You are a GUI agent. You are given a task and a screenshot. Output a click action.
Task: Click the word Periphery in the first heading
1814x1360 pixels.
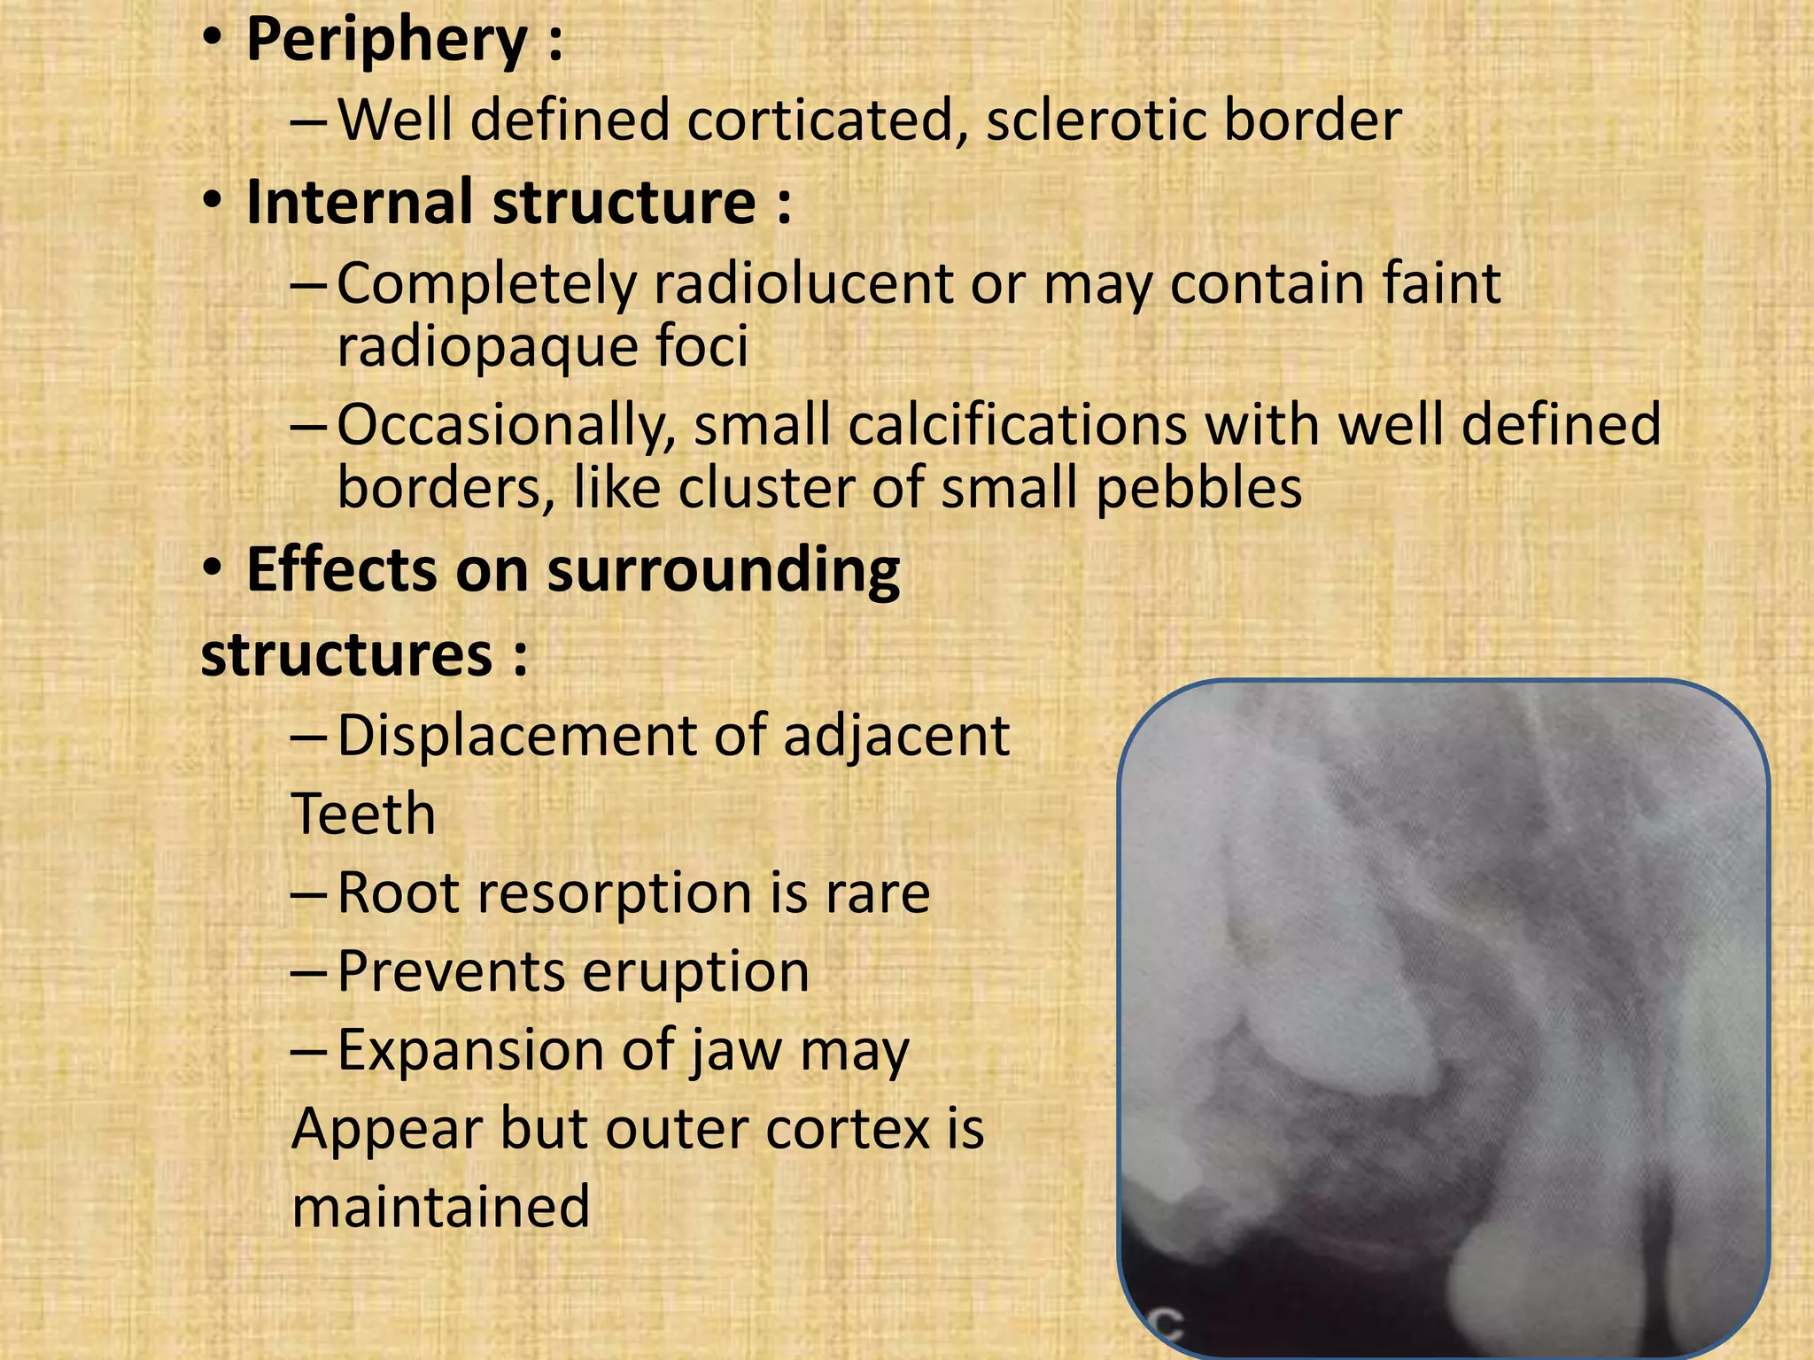coord(386,41)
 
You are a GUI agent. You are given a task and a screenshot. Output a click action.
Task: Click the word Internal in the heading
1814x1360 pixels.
coord(360,202)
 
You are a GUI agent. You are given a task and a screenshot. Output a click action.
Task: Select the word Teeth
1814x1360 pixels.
coord(363,815)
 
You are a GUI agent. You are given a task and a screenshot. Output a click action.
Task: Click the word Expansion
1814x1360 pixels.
coord(469,1050)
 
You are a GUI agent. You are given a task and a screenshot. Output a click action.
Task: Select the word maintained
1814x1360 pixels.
coord(440,1208)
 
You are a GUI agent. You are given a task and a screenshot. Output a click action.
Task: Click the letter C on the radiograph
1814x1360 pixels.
coord(1167,1325)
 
